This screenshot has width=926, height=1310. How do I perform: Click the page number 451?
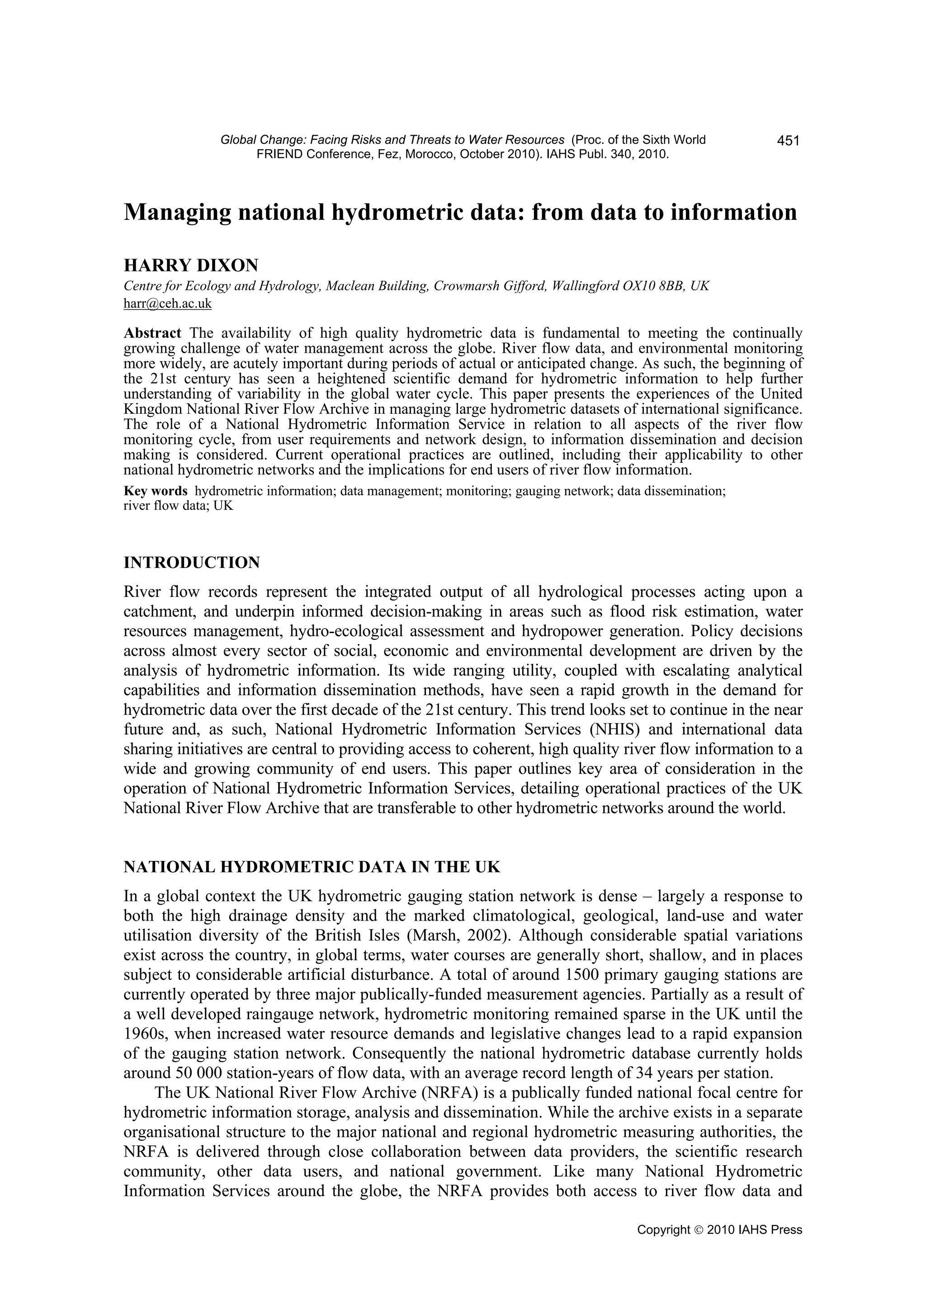coord(788,141)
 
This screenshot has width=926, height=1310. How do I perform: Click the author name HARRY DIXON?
coord(191,265)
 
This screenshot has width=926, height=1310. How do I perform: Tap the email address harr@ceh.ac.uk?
coord(167,304)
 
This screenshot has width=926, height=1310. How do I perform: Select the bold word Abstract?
coord(152,333)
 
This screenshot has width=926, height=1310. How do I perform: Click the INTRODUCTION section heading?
coord(192,563)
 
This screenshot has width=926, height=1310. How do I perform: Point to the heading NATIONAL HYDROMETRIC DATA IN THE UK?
coord(312,867)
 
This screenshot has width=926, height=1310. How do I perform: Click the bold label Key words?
coord(155,491)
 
